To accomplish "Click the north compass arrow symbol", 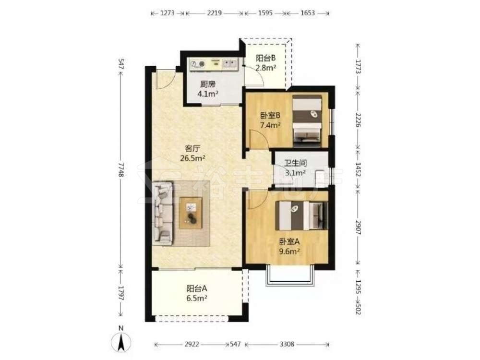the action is pos(121,341).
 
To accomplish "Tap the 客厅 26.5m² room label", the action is pos(192,154).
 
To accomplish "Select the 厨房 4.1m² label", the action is pos(208,89).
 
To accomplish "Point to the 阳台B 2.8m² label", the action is pos(266,62).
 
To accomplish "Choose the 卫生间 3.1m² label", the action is pos(295,168).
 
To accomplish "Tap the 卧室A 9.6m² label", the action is pos(289,246).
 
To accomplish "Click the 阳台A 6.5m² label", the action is pos(197,293).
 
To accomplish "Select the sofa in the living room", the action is pos(162,214).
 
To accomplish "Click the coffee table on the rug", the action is pos(191,213).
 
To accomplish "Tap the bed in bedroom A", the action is pos(301,216).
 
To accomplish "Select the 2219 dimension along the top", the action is pos(214,13).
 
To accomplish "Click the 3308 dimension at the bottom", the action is pos(287,344).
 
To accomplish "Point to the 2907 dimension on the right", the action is pos(359,228).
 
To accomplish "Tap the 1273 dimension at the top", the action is pos(167,13).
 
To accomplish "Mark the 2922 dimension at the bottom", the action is pos(192,344).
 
